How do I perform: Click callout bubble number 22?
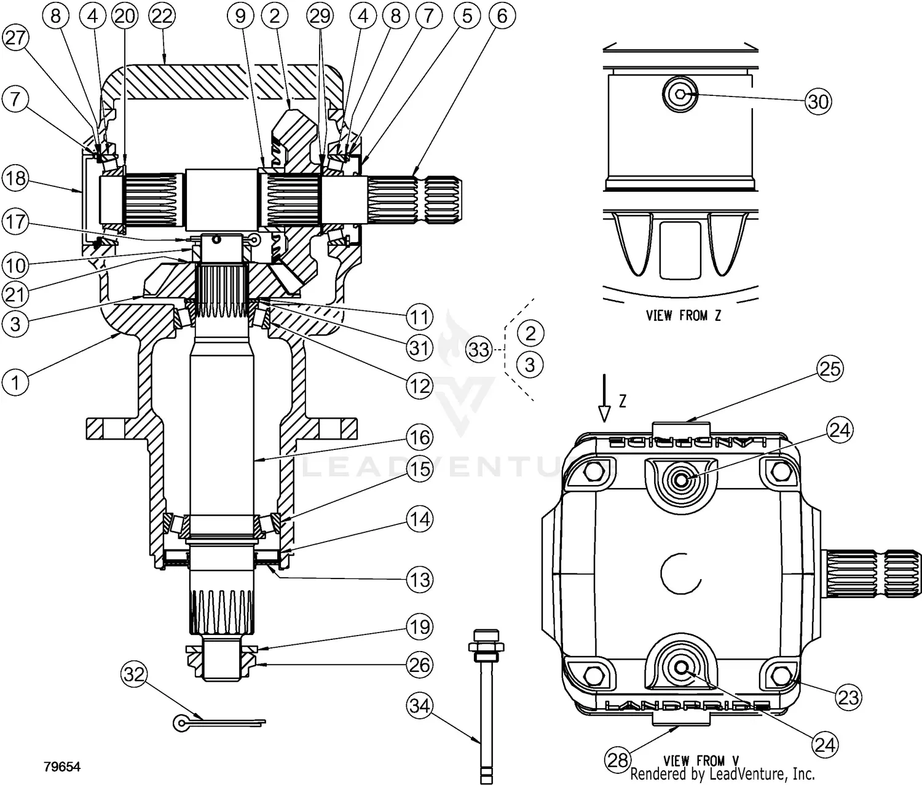coord(162,17)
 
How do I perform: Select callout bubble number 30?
coord(818,101)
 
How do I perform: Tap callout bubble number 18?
coord(16,178)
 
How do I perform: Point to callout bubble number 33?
coord(479,349)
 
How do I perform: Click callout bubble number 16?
coord(420,438)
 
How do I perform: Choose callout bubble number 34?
coord(420,706)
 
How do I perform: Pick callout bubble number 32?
coord(135,675)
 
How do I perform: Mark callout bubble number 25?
coord(830,369)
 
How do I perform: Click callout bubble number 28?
coord(618,760)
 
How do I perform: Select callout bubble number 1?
coord(16,382)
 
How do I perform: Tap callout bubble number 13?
coord(420,580)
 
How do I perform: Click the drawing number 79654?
coord(62,767)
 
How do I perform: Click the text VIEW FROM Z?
coord(684,315)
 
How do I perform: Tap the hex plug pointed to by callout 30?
coord(680,94)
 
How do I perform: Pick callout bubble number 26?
coord(420,665)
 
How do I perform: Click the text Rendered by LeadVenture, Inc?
coord(722,774)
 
